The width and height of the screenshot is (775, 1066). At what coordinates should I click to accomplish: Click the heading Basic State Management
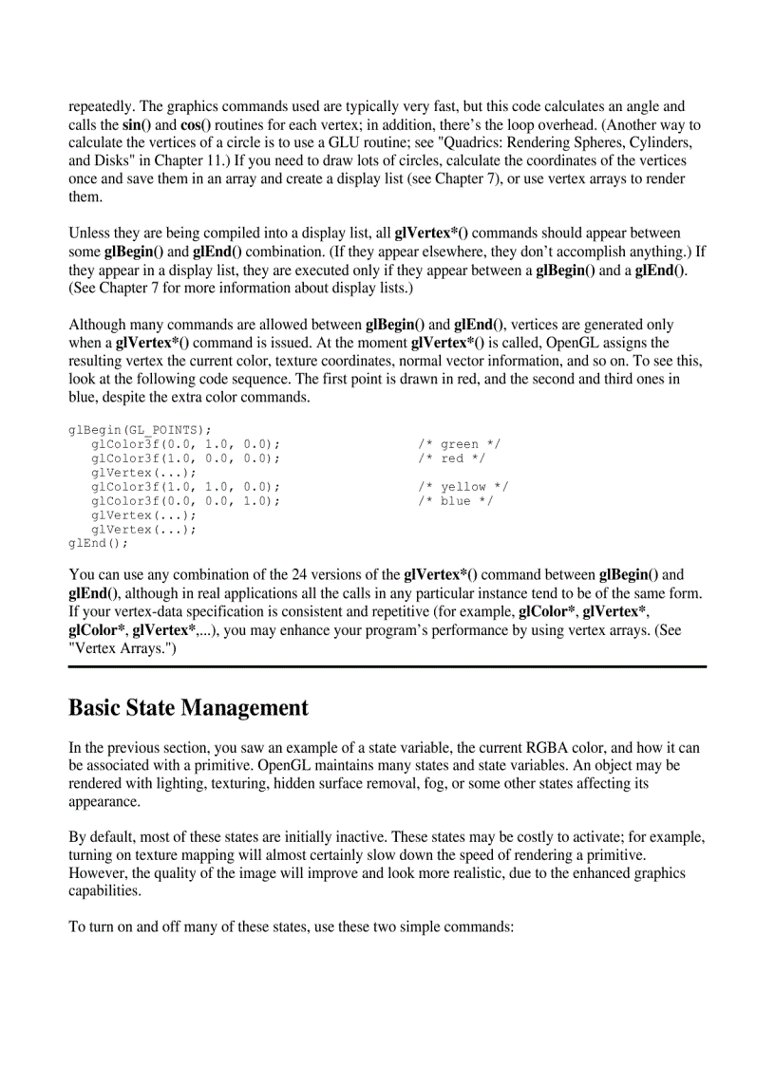(188, 708)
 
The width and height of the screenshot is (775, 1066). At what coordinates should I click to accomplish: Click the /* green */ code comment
(460, 444)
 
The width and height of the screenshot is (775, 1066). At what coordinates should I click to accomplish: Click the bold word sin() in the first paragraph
(137, 125)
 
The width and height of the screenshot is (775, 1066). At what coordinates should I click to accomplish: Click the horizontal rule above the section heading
(387, 666)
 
